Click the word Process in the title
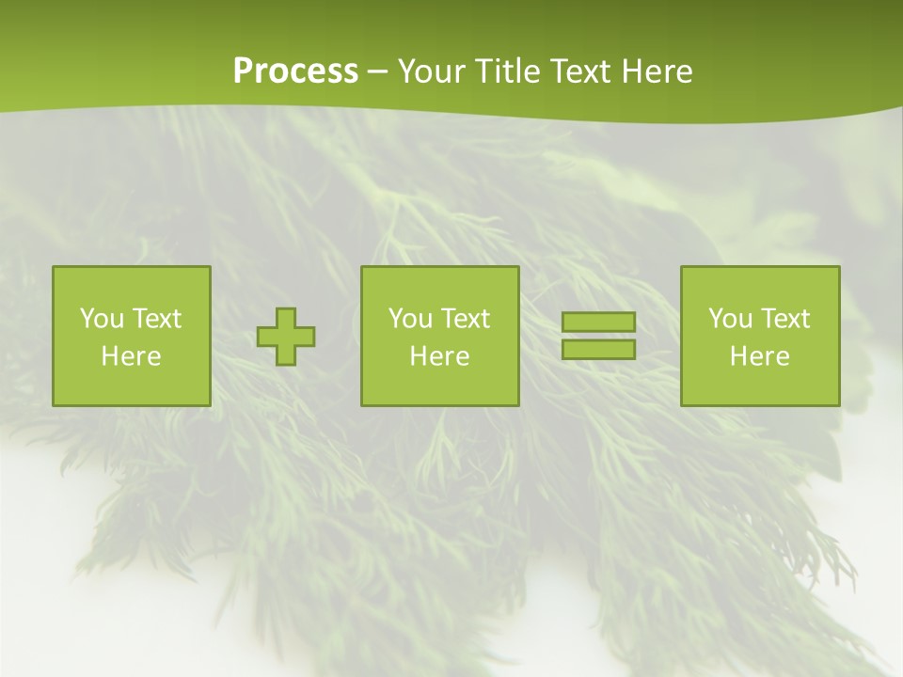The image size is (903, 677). pyautogui.click(x=295, y=71)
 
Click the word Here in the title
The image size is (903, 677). pyautogui.click(x=657, y=71)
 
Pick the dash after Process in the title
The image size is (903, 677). pyautogui.click(x=377, y=72)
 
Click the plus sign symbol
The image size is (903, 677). pyautogui.click(x=286, y=337)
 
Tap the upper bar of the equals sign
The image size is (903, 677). pyautogui.click(x=598, y=323)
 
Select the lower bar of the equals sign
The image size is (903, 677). pyautogui.click(x=598, y=349)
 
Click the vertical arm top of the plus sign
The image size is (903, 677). pyautogui.click(x=286, y=317)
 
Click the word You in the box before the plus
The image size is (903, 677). pyautogui.click(x=102, y=319)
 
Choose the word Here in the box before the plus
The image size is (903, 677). pyautogui.click(x=131, y=356)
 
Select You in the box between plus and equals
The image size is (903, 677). pyautogui.click(x=410, y=319)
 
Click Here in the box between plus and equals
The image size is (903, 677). pyautogui.click(x=439, y=356)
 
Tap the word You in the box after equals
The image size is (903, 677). pyautogui.click(x=730, y=319)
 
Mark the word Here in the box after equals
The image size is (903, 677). pyautogui.click(x=759, y=356)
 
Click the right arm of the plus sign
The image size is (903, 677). pyautogui.click(x=306, y=337)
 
